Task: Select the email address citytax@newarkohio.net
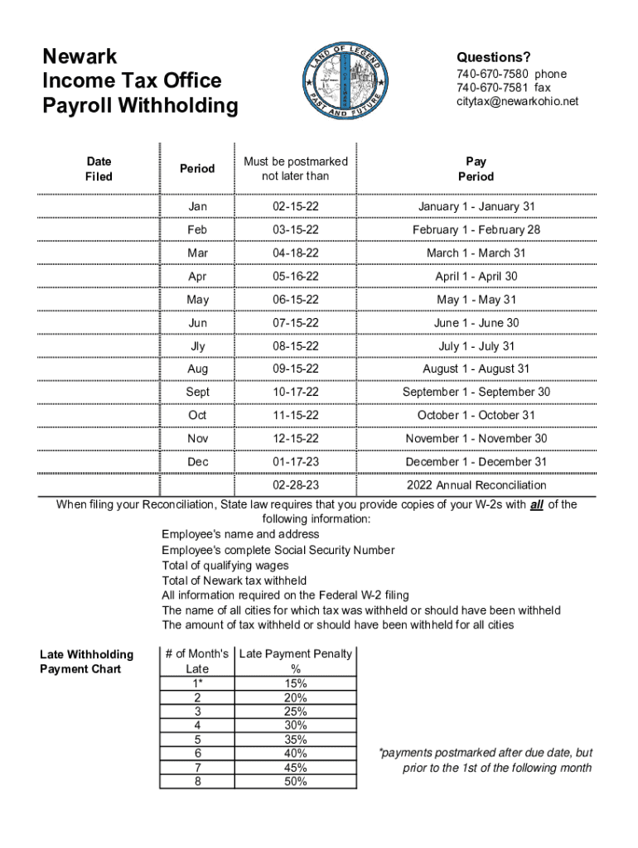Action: coord(517,101)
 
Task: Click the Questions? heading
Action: coord(493,57)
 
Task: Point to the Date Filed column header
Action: coord(99,169)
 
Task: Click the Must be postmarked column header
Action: coord(295,169)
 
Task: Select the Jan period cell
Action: coord(197,206)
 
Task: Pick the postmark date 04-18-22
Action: coord(296,253)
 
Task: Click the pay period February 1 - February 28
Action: coord(476,229)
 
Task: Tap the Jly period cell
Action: coord(197,345)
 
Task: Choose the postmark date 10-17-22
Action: coord(296,392)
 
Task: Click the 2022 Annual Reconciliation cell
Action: coord(476,484)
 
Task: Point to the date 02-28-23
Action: coord(296,484)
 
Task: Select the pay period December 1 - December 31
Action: coord(476,461)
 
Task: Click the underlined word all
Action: coord(536,504)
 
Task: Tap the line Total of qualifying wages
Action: coord(225,566)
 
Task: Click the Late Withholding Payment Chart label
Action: coord(86,662)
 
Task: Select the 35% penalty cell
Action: coord(295,740)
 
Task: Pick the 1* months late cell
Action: coord(197,683)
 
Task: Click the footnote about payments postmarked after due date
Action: coord(485,760)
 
